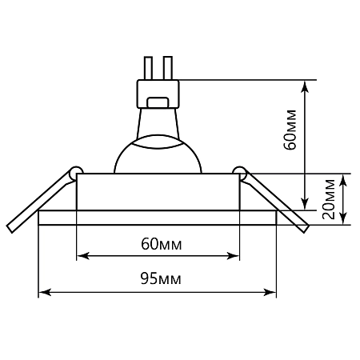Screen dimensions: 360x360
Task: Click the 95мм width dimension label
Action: tap(158, 278)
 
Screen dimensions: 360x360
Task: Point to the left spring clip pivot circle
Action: tap(75, 170)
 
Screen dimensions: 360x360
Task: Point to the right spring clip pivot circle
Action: tap(240, 170)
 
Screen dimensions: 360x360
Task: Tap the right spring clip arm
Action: tap(276, 200)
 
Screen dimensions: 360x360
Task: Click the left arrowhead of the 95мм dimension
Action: tap(45, 292)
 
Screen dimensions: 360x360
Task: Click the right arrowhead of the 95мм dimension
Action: tap(271, 292)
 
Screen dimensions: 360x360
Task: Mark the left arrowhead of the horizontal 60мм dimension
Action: tap(81, 257)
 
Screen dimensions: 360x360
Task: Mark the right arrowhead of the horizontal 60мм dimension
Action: tap(234, 257)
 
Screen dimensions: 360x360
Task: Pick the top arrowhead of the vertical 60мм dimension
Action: tap(304, 83)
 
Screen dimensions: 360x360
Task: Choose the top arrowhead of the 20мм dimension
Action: tap(344, 179)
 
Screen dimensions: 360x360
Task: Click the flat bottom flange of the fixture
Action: tap(158, 218)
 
